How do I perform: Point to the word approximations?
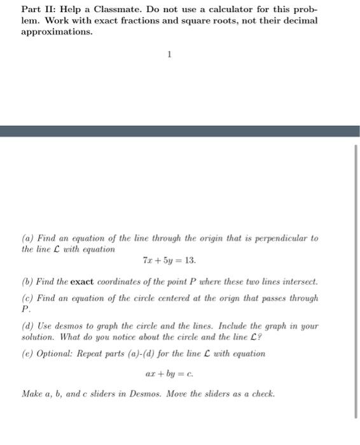tap(56, 32)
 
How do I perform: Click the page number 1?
tap(169, 55)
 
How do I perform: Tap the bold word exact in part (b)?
tap(82, 281)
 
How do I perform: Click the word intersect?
tap(298, 281)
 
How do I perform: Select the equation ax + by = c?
tap(169, 374)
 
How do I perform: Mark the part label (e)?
tap(28, 353)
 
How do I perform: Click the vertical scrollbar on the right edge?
tap(355, 280)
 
